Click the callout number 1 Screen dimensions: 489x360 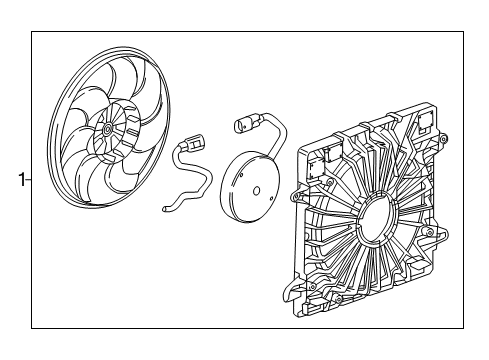[19, 181]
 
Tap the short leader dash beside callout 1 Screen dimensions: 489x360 [28, 181]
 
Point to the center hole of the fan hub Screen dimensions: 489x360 [107, 131]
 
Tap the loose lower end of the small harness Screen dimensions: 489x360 [165, 209]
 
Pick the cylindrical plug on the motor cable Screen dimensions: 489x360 [241, 125]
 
